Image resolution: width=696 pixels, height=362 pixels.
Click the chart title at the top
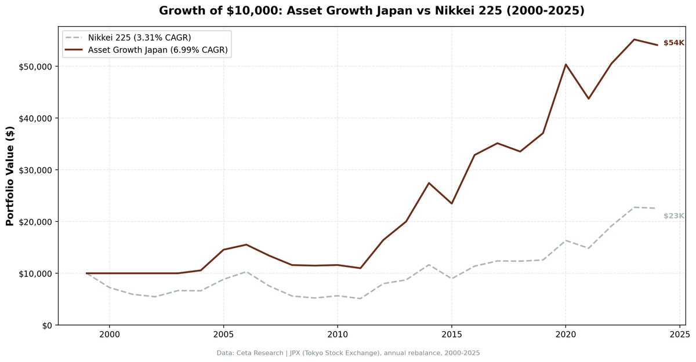click(x=371, y=11)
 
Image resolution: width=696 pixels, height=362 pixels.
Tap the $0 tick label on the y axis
click(x=46, y=326)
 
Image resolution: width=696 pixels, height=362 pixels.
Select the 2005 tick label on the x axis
click(x=223, y=334)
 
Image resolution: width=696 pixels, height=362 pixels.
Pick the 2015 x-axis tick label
click(x=451, y=334)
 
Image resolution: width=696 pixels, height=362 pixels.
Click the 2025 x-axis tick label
click(x=679, y=334)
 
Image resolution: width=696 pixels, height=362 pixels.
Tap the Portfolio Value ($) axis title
click(x=10, y=175)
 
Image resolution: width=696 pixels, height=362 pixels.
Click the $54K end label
click(x=673, y=43)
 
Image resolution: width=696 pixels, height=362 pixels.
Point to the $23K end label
click(x=673, y=216)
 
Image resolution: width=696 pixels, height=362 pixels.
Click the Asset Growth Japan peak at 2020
click(x=565, y=64)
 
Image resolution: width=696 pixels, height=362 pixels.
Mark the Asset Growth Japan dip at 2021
click(x=588, y=98)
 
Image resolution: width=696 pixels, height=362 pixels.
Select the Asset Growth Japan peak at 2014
click(x=429, y=183)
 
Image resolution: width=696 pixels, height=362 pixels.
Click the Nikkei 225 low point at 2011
click(x=360, y=298)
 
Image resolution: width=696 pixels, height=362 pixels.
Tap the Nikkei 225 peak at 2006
click(x=246, y=272)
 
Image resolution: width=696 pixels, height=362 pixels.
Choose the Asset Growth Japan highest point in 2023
click(x=634, y=39)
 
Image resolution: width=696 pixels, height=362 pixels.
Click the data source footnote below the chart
click(x=348, y=353)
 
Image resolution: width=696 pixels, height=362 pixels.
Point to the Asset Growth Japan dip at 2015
click(x=451, y=203)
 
